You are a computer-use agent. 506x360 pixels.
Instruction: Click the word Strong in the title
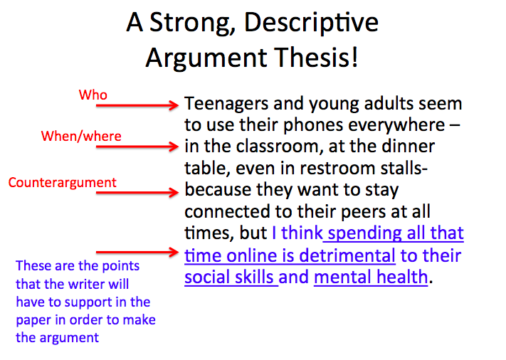[x=193, y=23]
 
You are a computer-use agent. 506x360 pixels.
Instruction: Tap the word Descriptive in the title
[x=312, y=23]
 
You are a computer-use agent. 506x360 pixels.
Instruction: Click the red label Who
[x=93, y=95]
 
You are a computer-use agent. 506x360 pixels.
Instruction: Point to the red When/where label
[x=81, y=136]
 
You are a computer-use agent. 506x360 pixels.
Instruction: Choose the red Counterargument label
[x=62, y=183]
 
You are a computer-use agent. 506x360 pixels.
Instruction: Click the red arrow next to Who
[x=137, y=105]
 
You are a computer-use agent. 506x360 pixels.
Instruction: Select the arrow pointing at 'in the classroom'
[x=137, y=147]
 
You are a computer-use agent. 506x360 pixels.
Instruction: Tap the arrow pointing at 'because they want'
[x=137, y=193]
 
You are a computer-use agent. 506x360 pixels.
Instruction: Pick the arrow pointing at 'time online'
[x=137, y=252]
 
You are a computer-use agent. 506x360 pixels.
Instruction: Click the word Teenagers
[x=226, y=104]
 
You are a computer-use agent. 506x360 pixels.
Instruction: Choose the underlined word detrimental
[x=347, y=255]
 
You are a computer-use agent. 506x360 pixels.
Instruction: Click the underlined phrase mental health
[x=371, y=277]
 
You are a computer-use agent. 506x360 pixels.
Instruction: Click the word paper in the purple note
[x=33, y=321]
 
